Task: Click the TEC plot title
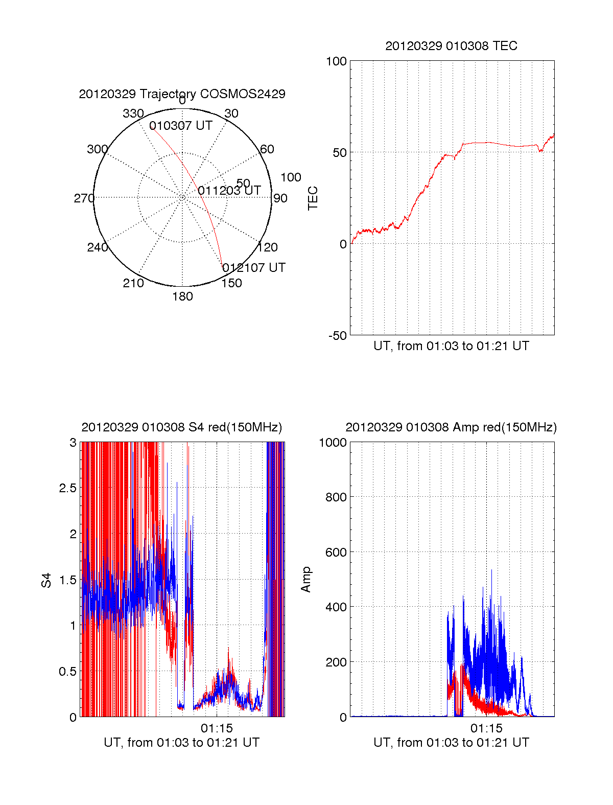[x=451, y=46]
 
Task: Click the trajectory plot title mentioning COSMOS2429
[x=182, y=94]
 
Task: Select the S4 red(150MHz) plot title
[x=182, y=427]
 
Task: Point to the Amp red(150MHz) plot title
[x=451, y=427]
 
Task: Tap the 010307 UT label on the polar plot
[x=181, y=126]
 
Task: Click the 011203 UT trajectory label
[x=229, y=191]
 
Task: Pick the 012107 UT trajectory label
[x=254, y=268]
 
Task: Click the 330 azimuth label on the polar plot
[x=133, y=113]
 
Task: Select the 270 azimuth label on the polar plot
[x=84, y=198]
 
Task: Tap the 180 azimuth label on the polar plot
[x=182, y=296]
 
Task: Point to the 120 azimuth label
[x=268, y=248]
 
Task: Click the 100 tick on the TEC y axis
[x=336, y=62]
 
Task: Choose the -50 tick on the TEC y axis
[x=336, y=336]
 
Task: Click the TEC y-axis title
[x=313, y=198]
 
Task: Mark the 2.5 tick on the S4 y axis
[x=68, y=488]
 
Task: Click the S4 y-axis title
[x=46, y=580]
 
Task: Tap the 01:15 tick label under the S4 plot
[x=217, y=728]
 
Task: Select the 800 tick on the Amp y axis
[x=336, y=497]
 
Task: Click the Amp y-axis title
[x=306, y=580]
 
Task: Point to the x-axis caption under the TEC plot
[x=451, y=346]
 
